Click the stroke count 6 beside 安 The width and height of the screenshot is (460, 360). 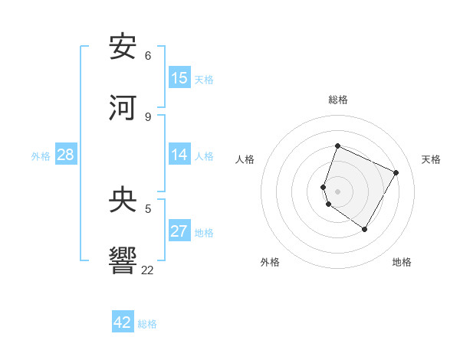point(148,56)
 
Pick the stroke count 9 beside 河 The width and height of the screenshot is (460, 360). point(148,116)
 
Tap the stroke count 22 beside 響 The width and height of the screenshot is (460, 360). point(147,270)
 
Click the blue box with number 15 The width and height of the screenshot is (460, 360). point(179,78)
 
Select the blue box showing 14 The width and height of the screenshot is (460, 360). point(179,155)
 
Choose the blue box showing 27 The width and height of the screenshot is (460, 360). point(179,231)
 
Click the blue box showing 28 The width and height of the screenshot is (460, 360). point(66,155)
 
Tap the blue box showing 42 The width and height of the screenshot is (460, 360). point(123,322)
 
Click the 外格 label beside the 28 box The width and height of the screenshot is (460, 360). point(41,156)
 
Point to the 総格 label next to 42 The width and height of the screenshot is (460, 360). point(147,324)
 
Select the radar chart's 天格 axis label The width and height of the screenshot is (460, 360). point(431,159)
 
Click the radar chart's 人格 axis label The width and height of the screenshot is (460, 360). point(245,159)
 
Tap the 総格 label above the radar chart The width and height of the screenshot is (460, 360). point(338,100)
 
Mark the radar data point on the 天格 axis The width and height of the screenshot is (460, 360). point(396,172)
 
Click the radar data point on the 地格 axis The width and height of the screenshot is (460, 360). point(364,229)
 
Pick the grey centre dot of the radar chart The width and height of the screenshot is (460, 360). point(338,191)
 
